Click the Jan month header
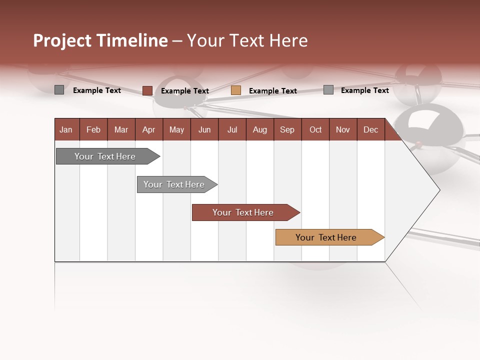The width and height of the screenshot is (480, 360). coord(66,129)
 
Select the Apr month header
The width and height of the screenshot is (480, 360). coord(148,129)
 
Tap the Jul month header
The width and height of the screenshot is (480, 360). coord(232,129)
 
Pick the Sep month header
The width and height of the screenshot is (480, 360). coord(287,129)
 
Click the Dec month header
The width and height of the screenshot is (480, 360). coord(370,129)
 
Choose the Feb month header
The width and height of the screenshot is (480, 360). coord(93,129)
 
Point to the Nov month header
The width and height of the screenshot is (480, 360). coord(342,129)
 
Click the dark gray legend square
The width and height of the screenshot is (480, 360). coord(59,90)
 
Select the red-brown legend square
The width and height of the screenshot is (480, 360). coord(147,90)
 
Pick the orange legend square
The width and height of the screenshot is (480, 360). coord(236,90)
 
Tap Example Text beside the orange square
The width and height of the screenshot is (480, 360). coord(272,91)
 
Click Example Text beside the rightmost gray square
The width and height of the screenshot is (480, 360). coord(364,90)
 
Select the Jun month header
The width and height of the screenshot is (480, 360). coord(204,129)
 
